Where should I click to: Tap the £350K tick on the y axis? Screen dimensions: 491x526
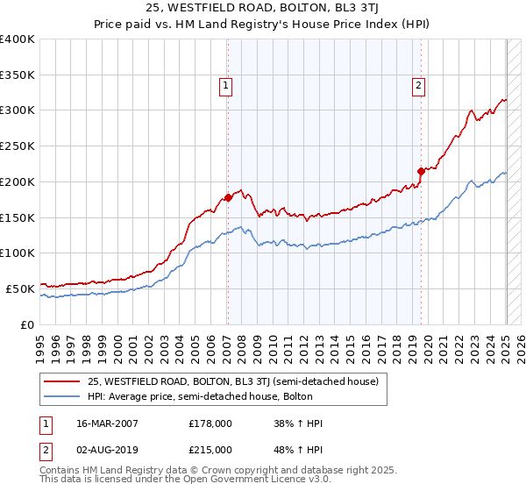[x=18, y=75]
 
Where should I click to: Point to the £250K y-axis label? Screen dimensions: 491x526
[x=18, y=146]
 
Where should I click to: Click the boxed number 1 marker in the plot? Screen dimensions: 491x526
[x=226, y=85]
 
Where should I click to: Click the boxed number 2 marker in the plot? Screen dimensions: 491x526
[x=419, y=85]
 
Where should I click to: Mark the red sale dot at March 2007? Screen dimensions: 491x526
[x=228, y=197]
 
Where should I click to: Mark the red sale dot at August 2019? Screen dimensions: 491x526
[x=421, y=171]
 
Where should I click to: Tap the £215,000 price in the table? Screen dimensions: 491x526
[x=210, y=450]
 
